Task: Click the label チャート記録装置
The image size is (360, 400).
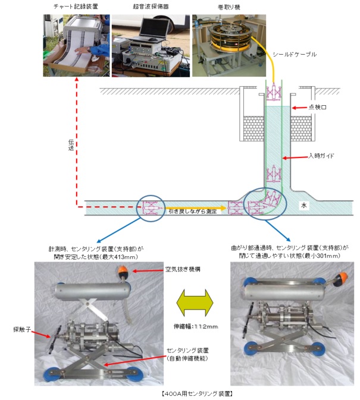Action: (77, 7)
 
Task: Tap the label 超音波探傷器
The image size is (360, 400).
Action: (151, 7)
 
